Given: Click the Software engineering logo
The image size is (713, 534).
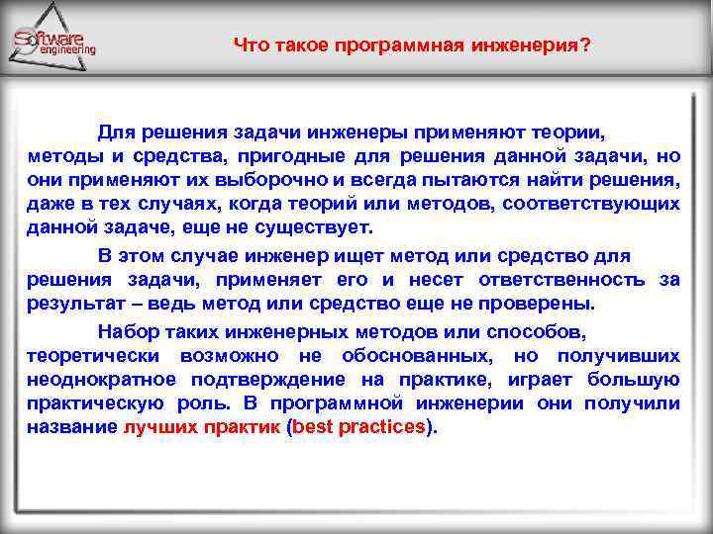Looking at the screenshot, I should tap(55, 40).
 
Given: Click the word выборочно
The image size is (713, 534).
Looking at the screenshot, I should tap(277, 181).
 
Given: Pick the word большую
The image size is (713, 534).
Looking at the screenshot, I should tap(633, 380).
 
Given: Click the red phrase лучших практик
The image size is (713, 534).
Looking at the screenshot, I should tap(201, 428).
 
